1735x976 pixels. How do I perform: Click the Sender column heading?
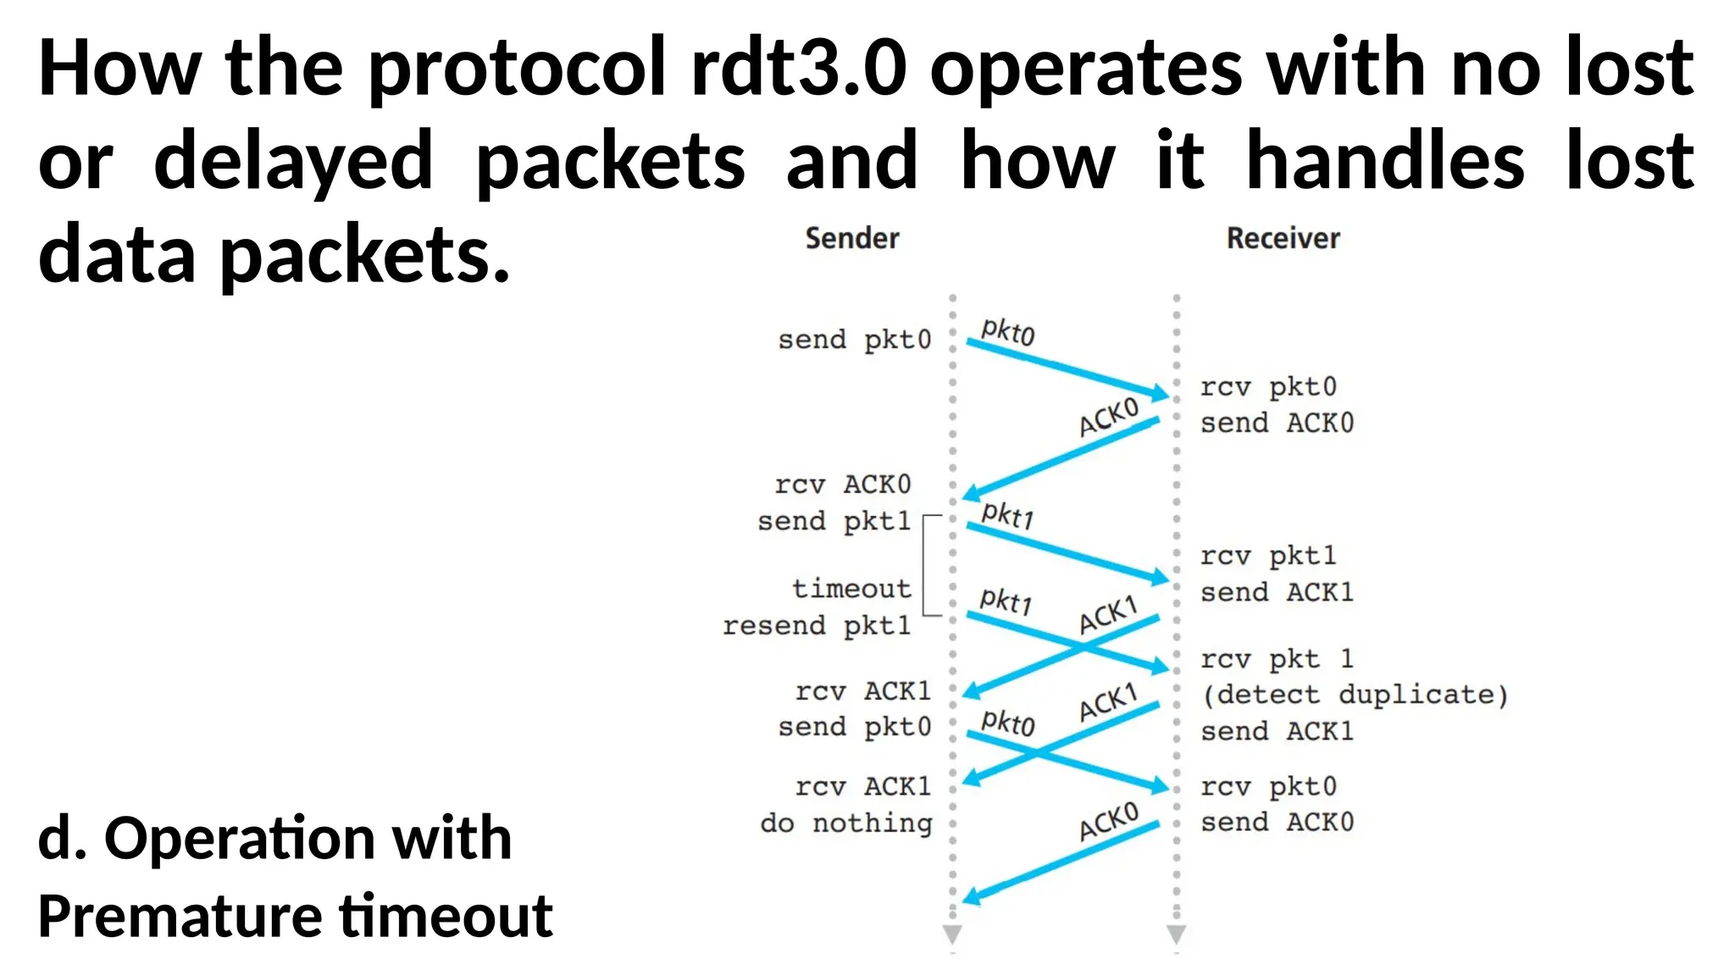tap(851, 239)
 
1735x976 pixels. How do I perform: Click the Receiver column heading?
tap(1283, 239)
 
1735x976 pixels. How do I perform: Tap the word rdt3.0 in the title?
tap(798, 68)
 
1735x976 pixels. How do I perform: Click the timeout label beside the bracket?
tap(851, 588)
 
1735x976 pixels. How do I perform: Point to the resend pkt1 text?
tap(816, 625)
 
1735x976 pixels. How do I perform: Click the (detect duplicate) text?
tap(1355, 695)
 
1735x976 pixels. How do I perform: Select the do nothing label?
tap(846, 823)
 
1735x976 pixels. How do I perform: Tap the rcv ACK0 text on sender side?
tap(842, 485)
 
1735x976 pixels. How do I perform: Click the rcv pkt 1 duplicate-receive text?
tap(1277, 658)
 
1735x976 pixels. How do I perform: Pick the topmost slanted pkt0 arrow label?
tap(1007, 331)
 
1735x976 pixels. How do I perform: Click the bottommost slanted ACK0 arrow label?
tap(1108, 821)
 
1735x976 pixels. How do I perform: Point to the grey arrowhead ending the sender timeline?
tap(952, 934)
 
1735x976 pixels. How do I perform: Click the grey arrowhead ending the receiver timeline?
tap(1176, 934)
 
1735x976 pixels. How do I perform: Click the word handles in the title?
tap(1385, 161)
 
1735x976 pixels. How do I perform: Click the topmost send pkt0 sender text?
tap(854, 340)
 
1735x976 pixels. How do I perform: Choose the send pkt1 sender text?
tap(834, 521)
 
